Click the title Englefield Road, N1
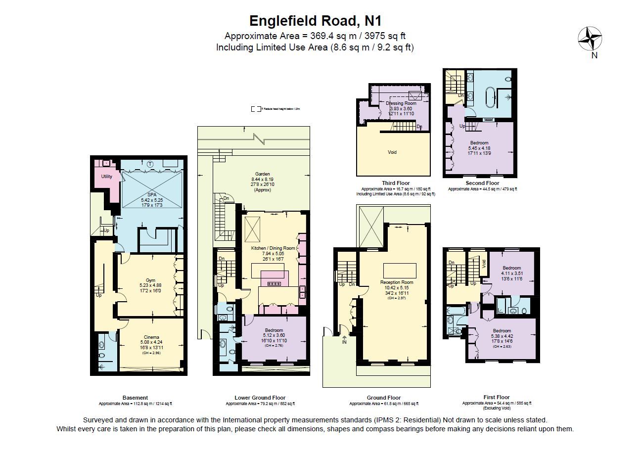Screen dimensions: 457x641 tap(315, 21)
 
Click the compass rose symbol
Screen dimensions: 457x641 tap(590, 38)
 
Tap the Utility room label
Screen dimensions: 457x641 tap(106, 177)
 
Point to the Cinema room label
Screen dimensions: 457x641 tap(152, 337)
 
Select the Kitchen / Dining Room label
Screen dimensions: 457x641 tap(273, 248)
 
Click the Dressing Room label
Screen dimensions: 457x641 tap(401, 103)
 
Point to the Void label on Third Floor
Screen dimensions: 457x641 tap(392, 152)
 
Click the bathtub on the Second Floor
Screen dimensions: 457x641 tap(490, 97)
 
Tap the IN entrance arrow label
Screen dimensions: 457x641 tap(344, 341)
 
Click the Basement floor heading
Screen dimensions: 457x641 tap(135, 398)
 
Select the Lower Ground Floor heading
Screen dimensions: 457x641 tap(260, 398)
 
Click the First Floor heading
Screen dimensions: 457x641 tap(496, 397)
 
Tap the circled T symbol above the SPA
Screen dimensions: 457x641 tap(150, 164)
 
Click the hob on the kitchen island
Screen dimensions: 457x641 tap(274, 284)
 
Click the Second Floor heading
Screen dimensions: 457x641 tap(482, 183)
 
